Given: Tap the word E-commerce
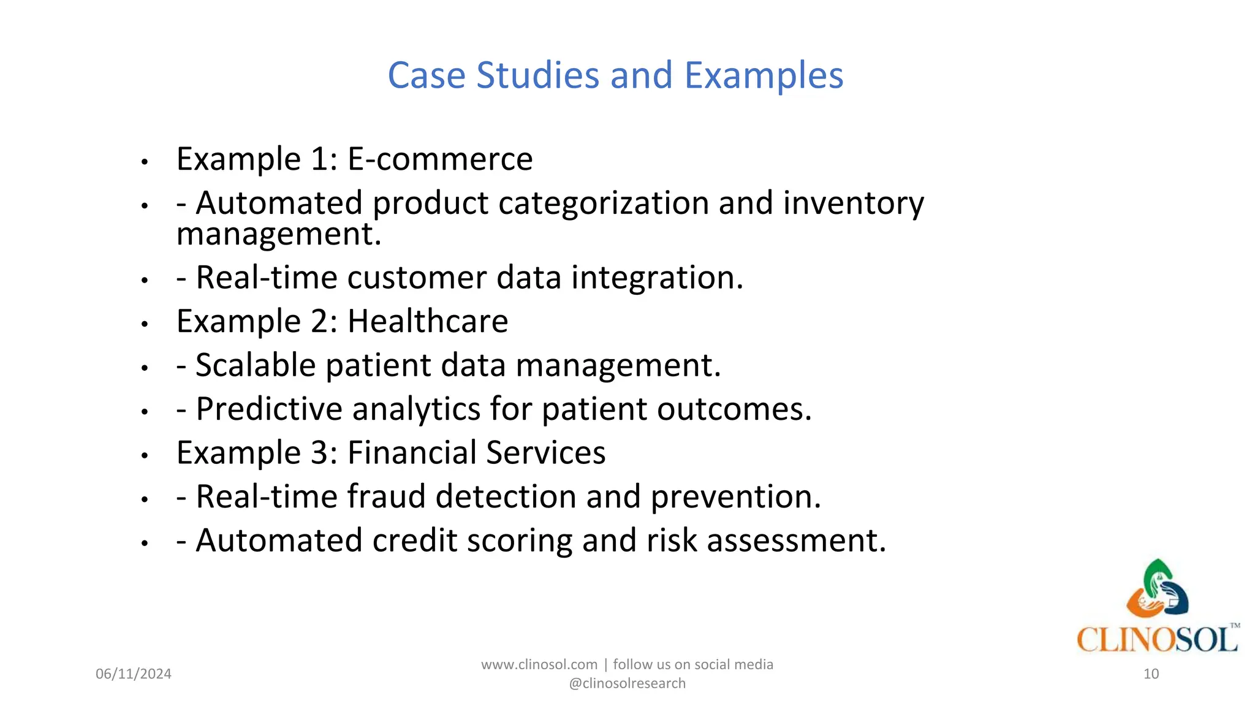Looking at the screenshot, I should pos(440,159).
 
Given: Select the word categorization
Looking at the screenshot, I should pos(604,203).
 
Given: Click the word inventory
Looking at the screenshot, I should pos(853,203).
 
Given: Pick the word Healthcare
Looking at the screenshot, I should pos(428,321).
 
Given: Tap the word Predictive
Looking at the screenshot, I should pos(269,409).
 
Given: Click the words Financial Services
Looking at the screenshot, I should pos(476,453).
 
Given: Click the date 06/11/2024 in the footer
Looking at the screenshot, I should pos(134,674).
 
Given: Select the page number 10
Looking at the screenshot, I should pos(1151,674).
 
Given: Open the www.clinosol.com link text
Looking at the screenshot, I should pos(539,665).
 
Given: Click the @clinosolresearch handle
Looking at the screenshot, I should pos(627,683).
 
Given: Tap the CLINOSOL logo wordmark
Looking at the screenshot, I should pos(1156,640).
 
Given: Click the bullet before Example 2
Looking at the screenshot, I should pos(145,324).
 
